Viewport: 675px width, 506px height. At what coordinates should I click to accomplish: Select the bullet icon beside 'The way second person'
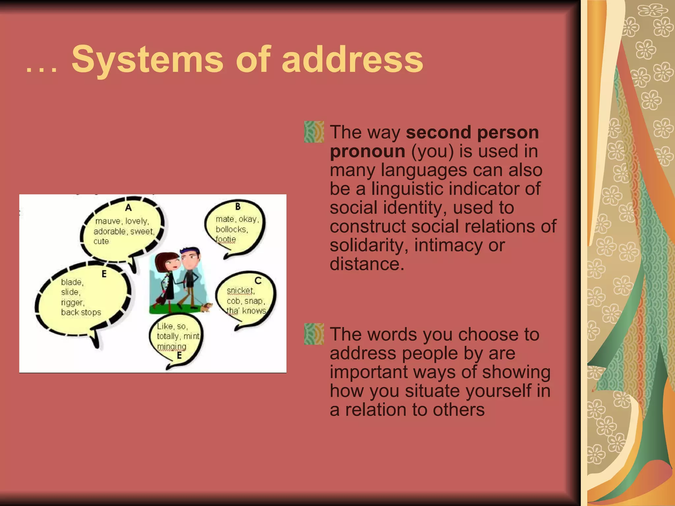tap(314, 132)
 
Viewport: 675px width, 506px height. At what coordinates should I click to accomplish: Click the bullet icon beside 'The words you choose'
tap(314, 334)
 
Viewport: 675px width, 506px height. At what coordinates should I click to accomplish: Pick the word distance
tap(367, 264)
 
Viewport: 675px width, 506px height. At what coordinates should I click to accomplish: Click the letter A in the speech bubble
tap(129, 208)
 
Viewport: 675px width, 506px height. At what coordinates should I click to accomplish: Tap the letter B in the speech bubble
tap(238, 207)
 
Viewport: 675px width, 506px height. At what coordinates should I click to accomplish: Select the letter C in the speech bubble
tap(258, 280)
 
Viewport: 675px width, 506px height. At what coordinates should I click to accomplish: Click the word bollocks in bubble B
tap(232, 229)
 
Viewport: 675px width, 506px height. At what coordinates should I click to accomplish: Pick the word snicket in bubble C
tap(240, 291)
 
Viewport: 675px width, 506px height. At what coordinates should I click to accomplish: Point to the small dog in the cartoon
tap(206, 307)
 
